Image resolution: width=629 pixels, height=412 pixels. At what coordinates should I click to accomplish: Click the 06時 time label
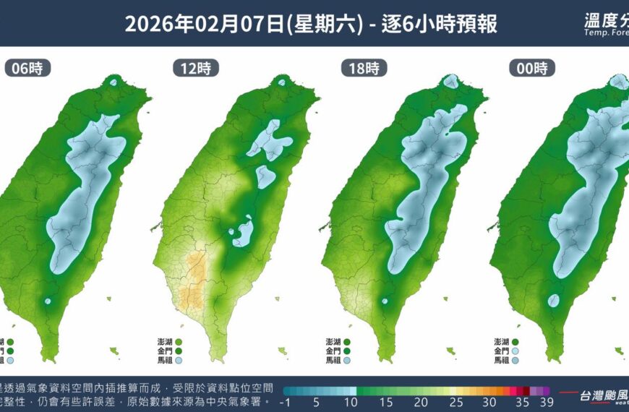click(27, 69)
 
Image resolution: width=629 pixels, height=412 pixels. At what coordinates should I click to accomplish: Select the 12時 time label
click(194, 69)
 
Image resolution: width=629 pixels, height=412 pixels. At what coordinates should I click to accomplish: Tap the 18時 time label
click(364, 69)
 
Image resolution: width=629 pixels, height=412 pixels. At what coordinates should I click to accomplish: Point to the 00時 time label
click(532, 69)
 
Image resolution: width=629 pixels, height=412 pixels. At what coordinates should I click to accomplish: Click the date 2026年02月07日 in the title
click(206, 24)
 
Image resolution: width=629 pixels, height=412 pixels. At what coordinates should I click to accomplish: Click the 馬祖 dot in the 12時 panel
click(179, 359)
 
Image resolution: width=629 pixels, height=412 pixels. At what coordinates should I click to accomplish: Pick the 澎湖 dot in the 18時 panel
click(347, 341)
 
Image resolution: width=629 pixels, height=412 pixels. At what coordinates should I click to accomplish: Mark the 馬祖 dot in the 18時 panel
click(347, 359)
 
